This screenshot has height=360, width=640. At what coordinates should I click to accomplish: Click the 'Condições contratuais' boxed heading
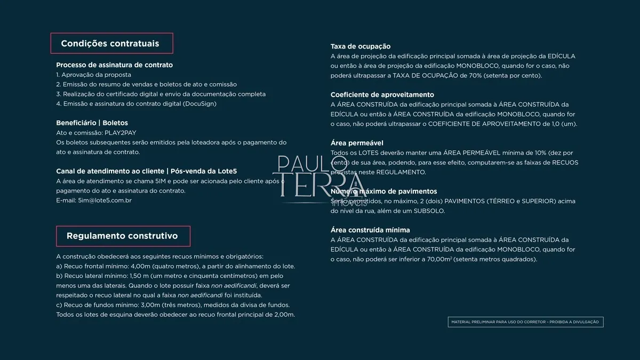coord(111,43)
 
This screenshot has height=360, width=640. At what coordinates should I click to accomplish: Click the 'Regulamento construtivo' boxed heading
coord(123,236)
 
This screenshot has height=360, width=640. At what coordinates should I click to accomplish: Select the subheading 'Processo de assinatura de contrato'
coord(114,65)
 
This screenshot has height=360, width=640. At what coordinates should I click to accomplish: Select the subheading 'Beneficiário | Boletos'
coord(92,123)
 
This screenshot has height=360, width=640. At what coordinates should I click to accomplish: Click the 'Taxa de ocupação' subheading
coord(361,46)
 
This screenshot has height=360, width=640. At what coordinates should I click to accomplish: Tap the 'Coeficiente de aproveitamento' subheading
coord(382,95)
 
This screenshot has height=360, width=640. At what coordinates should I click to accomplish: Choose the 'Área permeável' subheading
coord(357,143)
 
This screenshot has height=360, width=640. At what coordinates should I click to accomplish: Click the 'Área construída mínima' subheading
coord(370,230)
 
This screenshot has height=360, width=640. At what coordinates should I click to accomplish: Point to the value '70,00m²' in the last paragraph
coord(438,259)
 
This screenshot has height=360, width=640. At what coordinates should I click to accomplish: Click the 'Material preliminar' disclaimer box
coord(525,322)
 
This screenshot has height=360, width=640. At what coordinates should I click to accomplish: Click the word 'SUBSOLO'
coord(430,211)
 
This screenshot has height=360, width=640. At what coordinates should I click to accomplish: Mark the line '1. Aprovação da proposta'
coord(93,75)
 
